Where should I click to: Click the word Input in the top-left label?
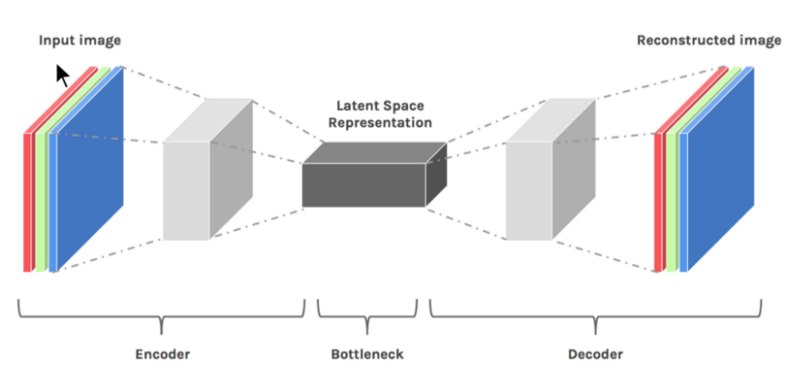(x=56, y=41)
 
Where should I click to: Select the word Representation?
(x=383, y=122)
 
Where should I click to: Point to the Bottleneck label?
(x=368, y=354)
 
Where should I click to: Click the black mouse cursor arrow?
(x=62, y=75)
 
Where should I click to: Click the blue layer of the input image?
(x=88, y=166)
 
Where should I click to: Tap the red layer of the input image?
(x=28, y=203)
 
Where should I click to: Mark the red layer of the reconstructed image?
(x=658, y=203)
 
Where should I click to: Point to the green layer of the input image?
(x=41, y=203)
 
